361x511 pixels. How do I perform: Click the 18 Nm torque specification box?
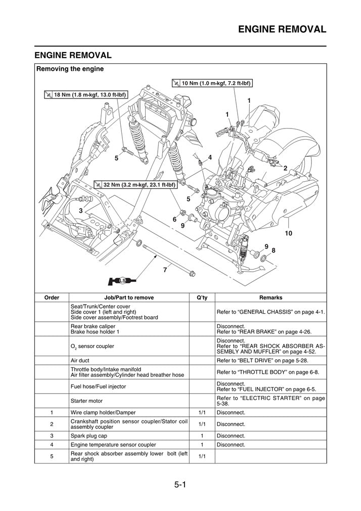pyautogui.click(x=85, y=95)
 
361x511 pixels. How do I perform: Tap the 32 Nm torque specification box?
pyautogui.click(x=135, y=185)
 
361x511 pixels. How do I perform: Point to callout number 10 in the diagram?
pyautogui.click(x=288, y=233)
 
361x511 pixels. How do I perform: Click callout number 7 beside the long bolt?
pyautogui.click(x=165, y=270)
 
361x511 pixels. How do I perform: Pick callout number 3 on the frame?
pyautogui.click(x=80, y=209)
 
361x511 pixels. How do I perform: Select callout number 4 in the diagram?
pyautogui.click(x=210, y=157)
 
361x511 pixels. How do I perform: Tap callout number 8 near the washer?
pyautogui.click(x=274, y=250)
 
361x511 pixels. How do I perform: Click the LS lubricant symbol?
pyautogui.click(x=122, y=280)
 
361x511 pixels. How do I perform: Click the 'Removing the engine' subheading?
pyautogui.click(x=70, y=69)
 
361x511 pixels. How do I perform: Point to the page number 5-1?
pyautogui.click(x=180, y=485)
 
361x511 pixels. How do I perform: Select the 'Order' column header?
pyautogui.click(x=52, y=297)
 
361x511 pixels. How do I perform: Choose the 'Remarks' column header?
pyautogui.click(x=270, y=297)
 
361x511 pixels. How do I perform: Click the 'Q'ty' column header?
pyautogui.click(x=202, y=297)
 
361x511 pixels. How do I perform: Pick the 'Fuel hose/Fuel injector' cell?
pyautogui.click(x=98, y=387)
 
